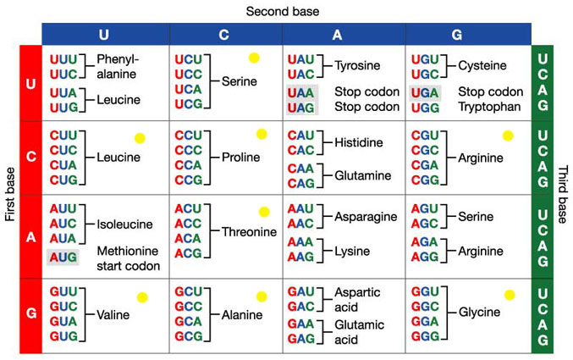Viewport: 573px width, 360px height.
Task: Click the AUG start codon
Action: [x=63, y=258]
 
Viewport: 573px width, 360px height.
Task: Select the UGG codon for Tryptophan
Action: [x=425, y=108]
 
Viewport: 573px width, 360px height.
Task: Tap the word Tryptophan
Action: [x=489, y=107]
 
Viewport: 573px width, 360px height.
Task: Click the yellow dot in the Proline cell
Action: [x=262, y=135]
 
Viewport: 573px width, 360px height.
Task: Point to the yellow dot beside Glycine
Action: [x=510, y=295]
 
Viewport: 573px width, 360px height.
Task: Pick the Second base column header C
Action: [x=223, y=35]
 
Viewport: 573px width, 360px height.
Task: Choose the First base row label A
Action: [x=31, y=237]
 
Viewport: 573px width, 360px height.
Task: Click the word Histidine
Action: [x=359, y=142]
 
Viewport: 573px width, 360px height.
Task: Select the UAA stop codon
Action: [x=300, y=93]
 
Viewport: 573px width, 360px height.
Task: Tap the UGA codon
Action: [x=425, y=93]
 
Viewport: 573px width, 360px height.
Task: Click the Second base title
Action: [x=283, y=11]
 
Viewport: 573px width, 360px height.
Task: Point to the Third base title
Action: [x=562, y=194]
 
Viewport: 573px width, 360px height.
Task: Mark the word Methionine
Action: [x=128, y=251]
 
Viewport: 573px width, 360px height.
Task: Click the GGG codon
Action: [x=425, y=336]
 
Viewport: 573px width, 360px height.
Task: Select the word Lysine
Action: [x=352, y=252]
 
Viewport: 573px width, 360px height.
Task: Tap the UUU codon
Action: [x=63, y=59]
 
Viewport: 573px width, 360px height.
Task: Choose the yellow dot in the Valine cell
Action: [x=142, y=297]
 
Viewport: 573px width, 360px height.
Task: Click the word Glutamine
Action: [x=363, y=175]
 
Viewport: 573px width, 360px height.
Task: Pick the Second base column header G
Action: [x=456, y=35]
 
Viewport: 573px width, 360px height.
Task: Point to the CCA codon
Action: [x=188, y=165]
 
